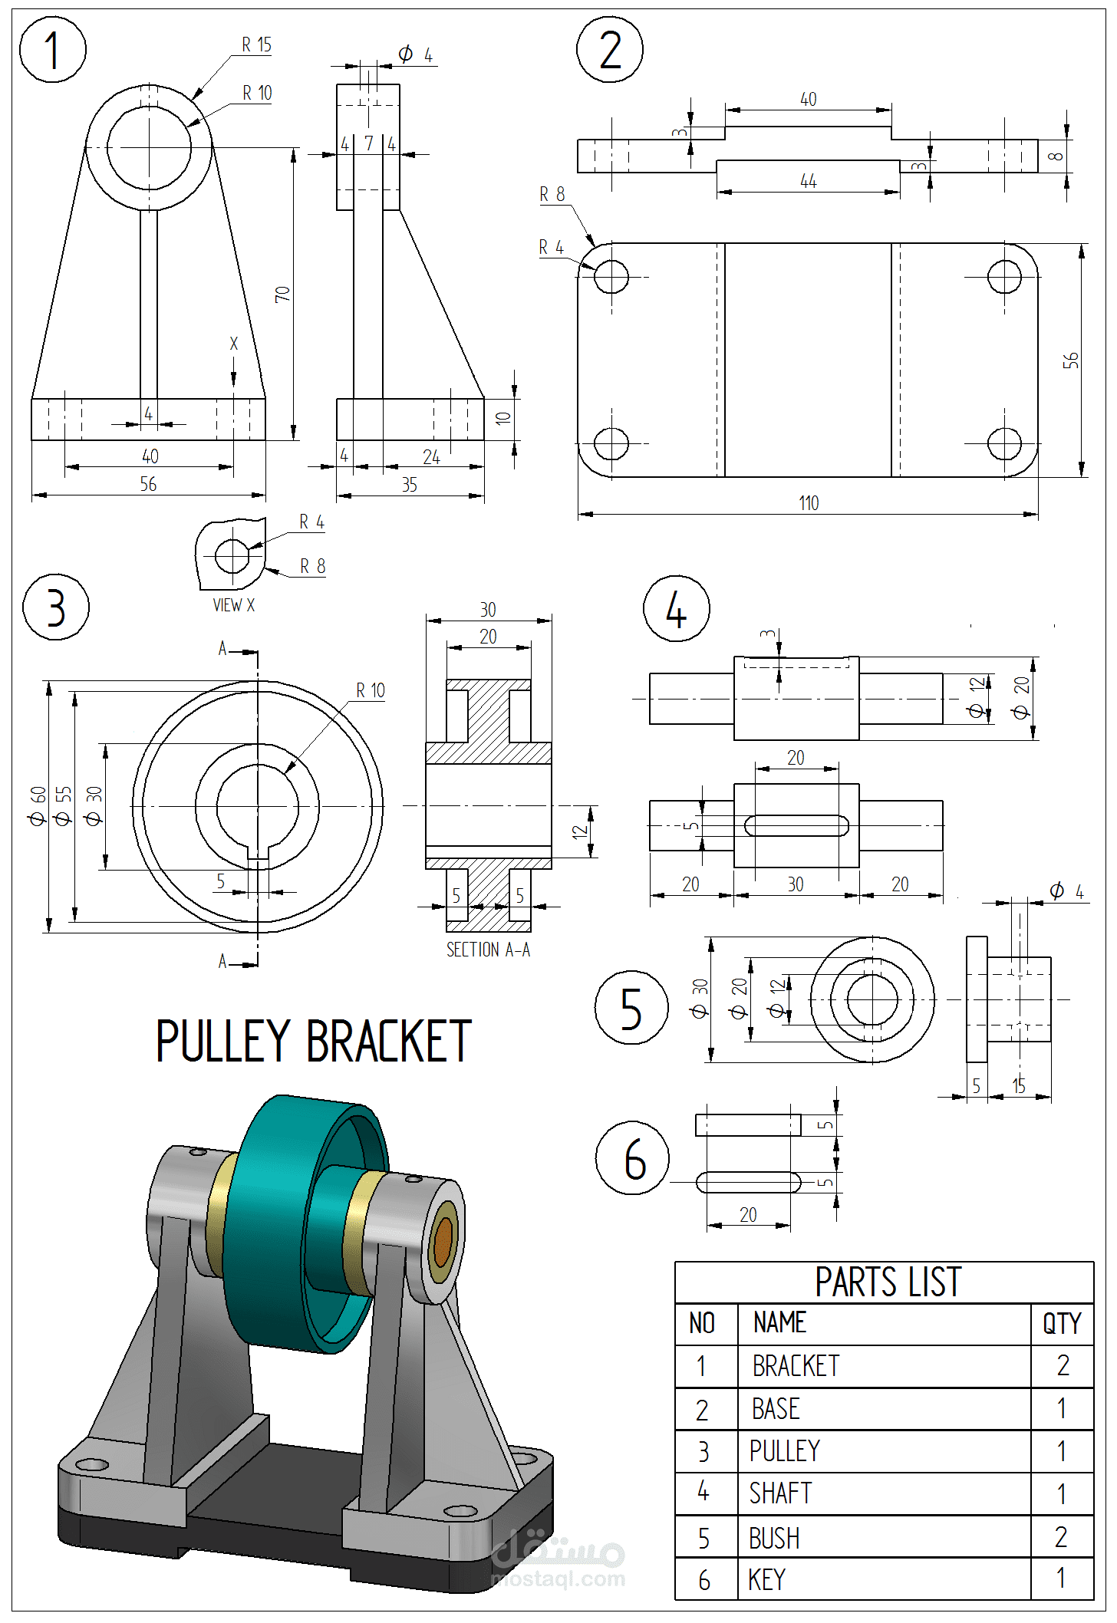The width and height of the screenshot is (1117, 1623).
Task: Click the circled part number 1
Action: (x=52, y=50)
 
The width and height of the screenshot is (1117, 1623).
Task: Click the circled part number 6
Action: (x=633, y=1159)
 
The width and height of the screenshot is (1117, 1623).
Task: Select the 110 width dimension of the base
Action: (x=809, y=503)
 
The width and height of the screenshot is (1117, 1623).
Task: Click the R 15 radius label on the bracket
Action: (x=256, y=45)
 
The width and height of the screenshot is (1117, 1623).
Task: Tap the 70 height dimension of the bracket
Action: (x=282, y=295)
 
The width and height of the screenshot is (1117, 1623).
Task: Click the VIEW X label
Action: (x=233, y=605)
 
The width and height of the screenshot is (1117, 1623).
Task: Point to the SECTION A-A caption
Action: (x=488, y=950)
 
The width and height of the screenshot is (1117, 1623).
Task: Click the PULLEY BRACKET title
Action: (x=313, y=1042)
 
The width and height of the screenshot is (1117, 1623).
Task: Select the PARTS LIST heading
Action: (x=887, y=1282)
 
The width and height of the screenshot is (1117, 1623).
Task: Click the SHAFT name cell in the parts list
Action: (x=780, y=1493)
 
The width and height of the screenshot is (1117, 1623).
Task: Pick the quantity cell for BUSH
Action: (x=1061, y=1537)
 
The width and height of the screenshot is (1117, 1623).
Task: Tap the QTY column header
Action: (x=1061, y=1324)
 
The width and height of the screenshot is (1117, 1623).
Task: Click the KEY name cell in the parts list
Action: (x=766, y=1580)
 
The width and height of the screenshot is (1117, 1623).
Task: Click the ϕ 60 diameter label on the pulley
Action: (x=38, y=805)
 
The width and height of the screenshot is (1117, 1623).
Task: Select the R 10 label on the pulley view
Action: (x=370, y=691)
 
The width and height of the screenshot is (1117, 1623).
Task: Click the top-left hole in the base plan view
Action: (x=611, y=277)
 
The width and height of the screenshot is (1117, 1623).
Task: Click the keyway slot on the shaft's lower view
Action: (x=796, y=825)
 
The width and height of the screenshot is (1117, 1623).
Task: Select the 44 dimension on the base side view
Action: (x=808, y=182)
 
